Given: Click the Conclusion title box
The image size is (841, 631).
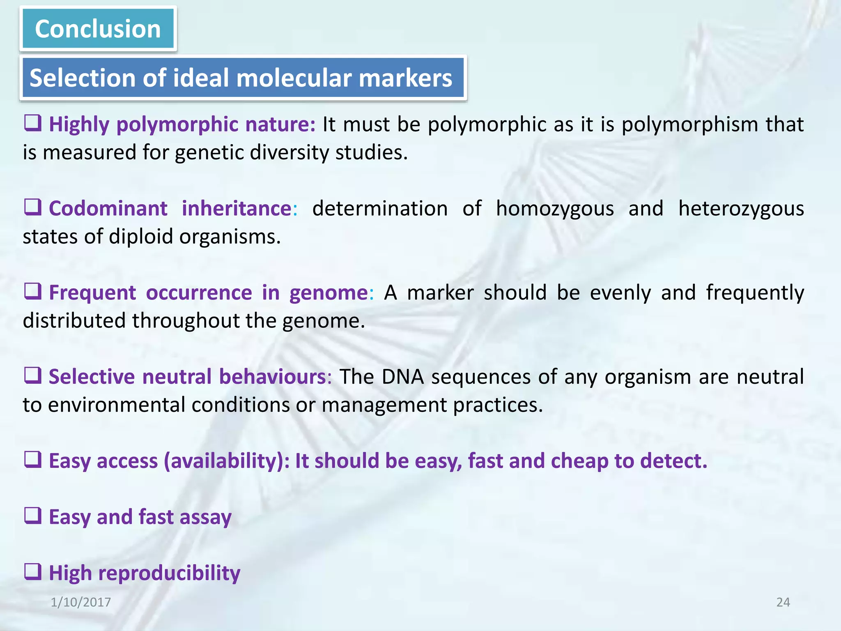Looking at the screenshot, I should [x=98, y=29].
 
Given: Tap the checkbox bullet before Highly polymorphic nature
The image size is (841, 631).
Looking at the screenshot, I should [x=33, y=123].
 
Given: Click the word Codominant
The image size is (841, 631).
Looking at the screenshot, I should [x=108, y=208].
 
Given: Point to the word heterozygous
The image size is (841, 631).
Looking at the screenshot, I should [x=741, y=208].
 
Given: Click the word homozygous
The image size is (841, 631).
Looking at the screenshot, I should [x=555, y=208].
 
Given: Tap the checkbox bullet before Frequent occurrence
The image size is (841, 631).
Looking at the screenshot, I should [x=33, y=292].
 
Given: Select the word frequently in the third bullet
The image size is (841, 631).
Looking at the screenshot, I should [x=755, y=293].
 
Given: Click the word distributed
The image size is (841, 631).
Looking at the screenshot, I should [x=74, y=320].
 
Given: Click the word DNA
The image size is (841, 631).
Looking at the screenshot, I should [x=402, y=377].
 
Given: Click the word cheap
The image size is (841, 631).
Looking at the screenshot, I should [x=579, y=461].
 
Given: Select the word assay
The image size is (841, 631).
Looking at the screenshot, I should [x=205, y=517].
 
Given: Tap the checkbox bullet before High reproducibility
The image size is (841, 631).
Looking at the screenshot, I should [x=33, y=571].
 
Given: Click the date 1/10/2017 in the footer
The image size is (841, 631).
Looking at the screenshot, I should [x=81, y=602].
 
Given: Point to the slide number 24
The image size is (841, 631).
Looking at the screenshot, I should [x=783, y=602].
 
